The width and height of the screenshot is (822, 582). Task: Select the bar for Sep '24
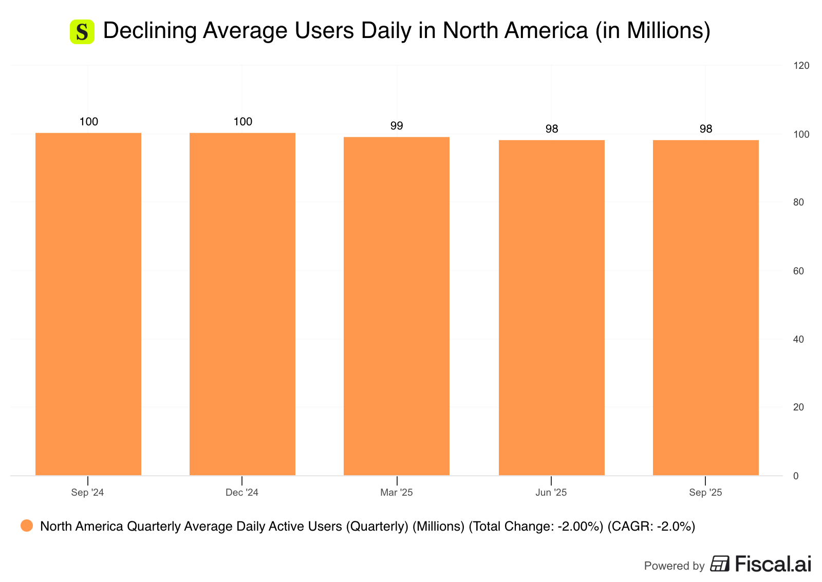click(x=88, y=304)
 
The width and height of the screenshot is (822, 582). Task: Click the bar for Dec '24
click(x=242, y=304)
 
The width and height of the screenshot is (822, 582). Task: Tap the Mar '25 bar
click(x=397, y=306)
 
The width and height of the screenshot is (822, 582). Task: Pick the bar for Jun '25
click(x=551, y=308)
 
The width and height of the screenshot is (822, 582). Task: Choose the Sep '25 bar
click(x=705, y=308)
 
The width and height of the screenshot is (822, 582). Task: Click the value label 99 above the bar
click(x=397, y=126)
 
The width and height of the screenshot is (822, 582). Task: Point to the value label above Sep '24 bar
click(x=89, y=122)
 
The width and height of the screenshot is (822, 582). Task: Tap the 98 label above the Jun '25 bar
click(x=552, y=129)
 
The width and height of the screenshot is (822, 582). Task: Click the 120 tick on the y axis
click(x=801, y=65)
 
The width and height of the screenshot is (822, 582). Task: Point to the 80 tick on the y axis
click(x=798, y=202)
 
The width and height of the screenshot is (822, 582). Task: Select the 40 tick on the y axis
click(x=798, y=339)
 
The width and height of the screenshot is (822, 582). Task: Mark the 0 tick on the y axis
click(x=796, y=476)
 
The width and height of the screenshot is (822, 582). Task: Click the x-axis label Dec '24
click(x=242, y=493)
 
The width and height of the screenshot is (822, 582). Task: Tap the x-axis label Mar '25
click(x=397, y=493)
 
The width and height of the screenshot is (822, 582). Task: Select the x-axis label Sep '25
click(x=705, y=493)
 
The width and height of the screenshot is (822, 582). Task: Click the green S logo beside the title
click(x=82, y=32)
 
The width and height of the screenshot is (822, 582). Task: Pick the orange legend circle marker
click(x=27, y=525)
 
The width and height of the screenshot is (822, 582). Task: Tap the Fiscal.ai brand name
click(x=773, y=564)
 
